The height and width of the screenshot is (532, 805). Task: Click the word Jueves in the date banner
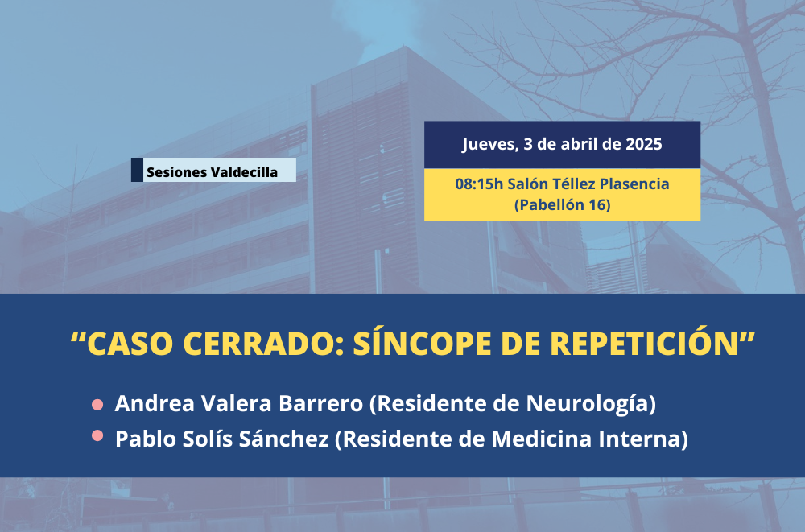click(x=489, y=145)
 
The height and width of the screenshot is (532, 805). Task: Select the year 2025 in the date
click(x=643, y=144)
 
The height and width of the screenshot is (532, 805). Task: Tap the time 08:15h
click(x=479, y=184)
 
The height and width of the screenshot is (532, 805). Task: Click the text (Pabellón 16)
click(x=562, y=205)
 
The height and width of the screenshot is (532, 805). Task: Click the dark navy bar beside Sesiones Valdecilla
click(x=137, y=170)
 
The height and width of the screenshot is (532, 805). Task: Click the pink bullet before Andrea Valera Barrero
click(x=97, y=405)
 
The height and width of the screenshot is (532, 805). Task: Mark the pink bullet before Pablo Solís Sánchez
click(x=97, y=436)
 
